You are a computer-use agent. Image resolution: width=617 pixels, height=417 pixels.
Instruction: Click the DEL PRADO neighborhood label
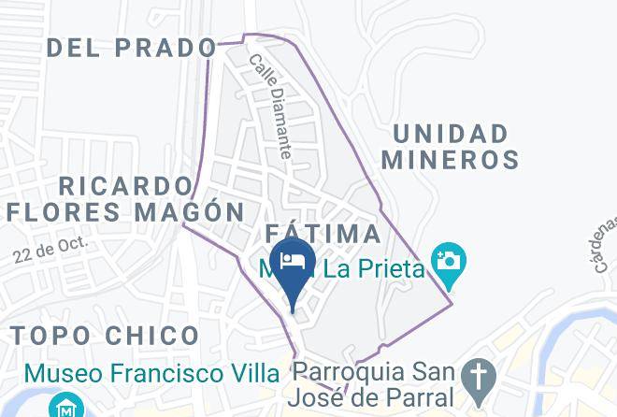click(131, 47)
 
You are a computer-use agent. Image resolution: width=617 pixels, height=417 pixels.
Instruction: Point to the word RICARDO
click(129, 185)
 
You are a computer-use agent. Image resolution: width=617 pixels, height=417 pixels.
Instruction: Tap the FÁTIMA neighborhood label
click(323, 234)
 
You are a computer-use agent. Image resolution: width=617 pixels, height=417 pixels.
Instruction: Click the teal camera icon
click(449, 258)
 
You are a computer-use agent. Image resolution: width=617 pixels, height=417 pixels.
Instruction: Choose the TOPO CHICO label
click(105, 336)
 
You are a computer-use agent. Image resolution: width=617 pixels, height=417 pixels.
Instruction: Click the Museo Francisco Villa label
click(152, 373)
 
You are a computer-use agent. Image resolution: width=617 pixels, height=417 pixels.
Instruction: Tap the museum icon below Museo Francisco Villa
click(65, 408)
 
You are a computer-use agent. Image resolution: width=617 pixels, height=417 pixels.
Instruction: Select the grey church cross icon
click(481, 374)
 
